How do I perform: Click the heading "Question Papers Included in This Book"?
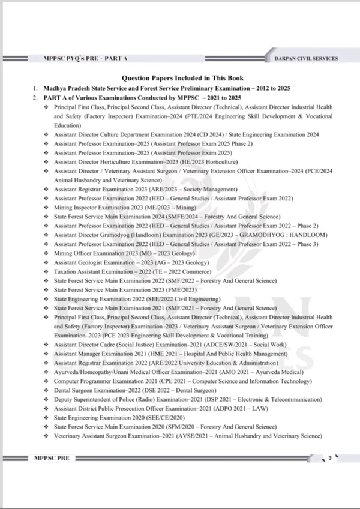point(179,78)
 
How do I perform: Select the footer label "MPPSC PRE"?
point(53,458)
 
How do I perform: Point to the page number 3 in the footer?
point(329,458)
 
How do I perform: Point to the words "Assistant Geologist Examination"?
point(93,264)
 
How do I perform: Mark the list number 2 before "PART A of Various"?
point(35,97)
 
